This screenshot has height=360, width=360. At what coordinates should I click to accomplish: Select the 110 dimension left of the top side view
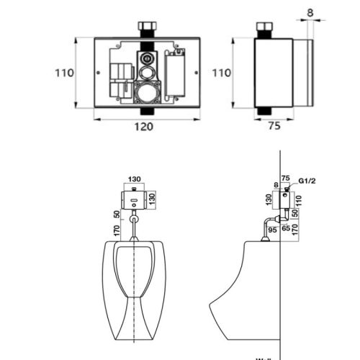pos(222,73)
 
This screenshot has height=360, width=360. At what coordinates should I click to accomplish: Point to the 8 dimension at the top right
pos(310,12)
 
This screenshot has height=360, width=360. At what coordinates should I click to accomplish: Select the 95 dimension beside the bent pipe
pos(273,230)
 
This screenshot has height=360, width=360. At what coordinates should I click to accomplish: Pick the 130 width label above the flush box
pos(135,179)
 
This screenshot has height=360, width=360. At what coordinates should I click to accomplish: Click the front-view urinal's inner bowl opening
pos(135,270)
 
